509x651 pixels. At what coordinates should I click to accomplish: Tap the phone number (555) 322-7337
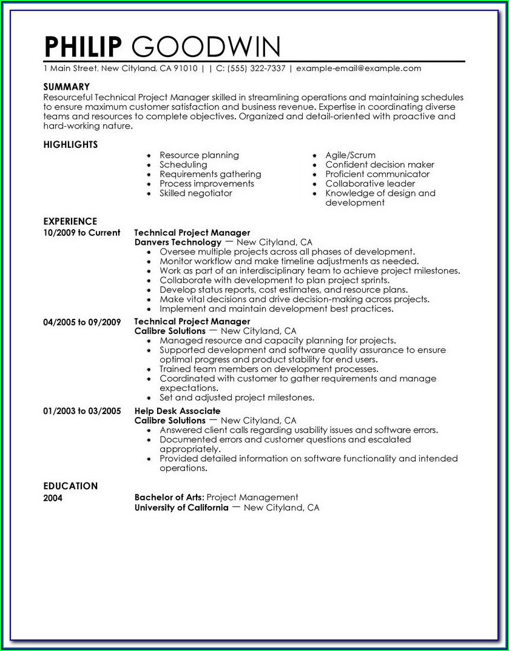[255, 68]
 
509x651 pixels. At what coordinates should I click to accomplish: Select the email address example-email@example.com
[359, 68]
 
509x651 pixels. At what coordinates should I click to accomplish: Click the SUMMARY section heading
[67, 87]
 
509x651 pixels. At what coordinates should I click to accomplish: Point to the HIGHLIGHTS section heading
[70, 145]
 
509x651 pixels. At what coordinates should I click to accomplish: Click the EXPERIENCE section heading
[70, 222]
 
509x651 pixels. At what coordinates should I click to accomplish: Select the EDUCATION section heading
[70, 486]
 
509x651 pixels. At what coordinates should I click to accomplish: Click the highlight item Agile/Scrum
[350, 155]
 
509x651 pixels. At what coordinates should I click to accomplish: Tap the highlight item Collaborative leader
[370, 184]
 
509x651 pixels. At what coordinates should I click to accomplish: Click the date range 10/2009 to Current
[82, 233]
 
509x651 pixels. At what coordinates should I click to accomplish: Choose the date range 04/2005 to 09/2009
[82, 322]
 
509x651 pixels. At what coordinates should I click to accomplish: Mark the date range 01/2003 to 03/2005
[82, 411]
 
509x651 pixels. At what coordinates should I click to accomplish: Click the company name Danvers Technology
[169, 242]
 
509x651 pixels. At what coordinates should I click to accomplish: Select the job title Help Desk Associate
[177, 411]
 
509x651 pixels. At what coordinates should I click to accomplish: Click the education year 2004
[53, 498]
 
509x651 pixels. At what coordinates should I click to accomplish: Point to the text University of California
[181, 507]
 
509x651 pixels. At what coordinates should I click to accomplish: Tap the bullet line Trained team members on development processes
[269, 369]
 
